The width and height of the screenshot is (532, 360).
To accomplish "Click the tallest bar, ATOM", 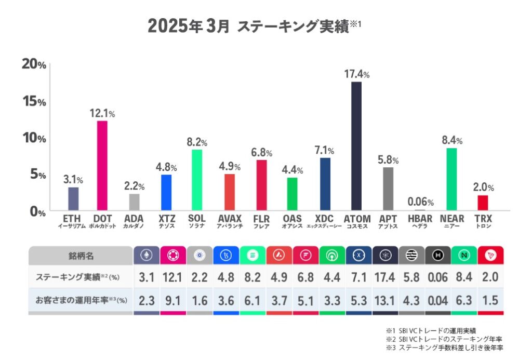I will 356,146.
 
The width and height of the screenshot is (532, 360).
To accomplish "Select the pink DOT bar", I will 102,165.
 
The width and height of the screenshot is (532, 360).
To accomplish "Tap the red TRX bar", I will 483,203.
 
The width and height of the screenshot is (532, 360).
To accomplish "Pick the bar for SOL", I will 197,180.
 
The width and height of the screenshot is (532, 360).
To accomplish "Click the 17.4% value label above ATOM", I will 356,74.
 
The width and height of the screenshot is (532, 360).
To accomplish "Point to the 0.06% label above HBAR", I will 420,202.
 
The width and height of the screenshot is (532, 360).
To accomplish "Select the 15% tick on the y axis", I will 34,101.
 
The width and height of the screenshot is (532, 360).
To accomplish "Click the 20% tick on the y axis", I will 34,65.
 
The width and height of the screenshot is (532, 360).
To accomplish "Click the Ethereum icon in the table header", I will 146,256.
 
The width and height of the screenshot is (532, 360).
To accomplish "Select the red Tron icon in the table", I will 490,256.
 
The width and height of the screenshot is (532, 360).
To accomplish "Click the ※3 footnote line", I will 444,347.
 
